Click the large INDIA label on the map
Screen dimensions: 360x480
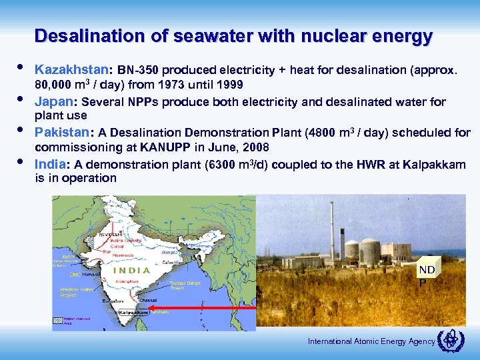click(131, 271)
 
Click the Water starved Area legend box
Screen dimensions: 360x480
click(58, 321)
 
